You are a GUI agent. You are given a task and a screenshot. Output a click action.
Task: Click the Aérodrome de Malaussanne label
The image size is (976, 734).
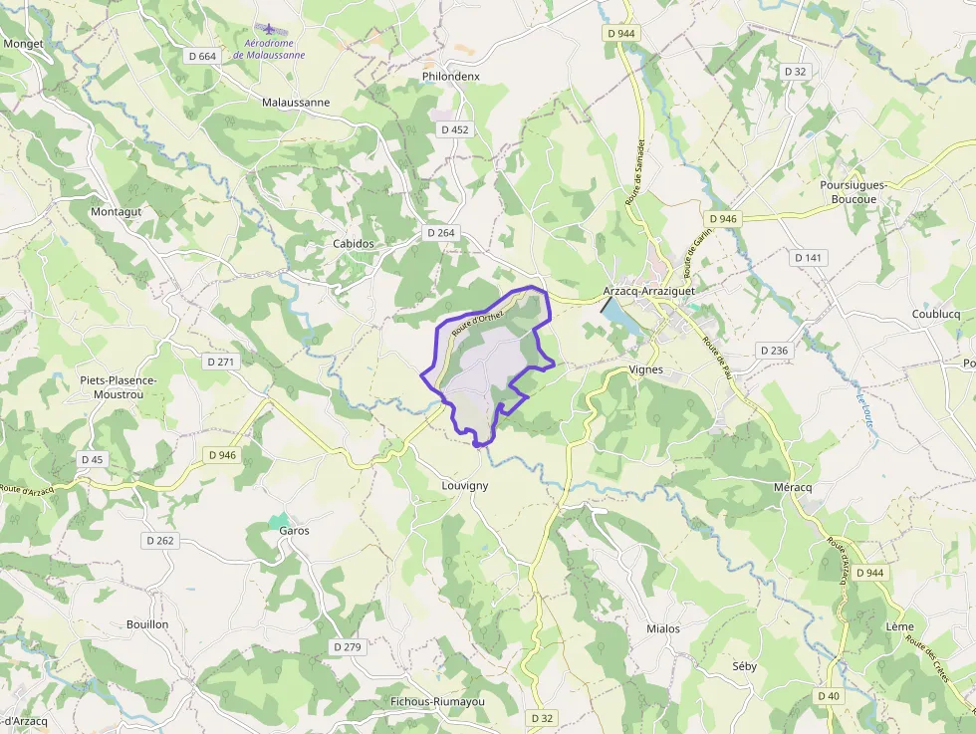(269, 50)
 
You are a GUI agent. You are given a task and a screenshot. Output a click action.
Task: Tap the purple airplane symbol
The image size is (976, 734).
(268, 29)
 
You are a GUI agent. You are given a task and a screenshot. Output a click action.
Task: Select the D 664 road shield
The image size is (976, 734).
(202, 56)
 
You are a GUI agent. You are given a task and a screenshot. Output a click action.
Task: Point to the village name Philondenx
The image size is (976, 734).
(450, 76)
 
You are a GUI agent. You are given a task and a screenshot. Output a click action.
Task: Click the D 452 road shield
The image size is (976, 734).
(454, 129)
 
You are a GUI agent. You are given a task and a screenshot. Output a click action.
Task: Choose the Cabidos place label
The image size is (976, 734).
(354, 243)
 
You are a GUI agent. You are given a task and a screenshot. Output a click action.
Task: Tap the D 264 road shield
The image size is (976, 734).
(440, 233)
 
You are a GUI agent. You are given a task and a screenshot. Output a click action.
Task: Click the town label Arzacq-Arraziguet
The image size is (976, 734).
(648, 291)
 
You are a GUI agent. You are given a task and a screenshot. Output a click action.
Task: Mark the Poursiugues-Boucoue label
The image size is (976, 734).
(854, 192)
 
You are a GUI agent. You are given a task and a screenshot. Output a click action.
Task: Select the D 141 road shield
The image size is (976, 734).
(809, 258)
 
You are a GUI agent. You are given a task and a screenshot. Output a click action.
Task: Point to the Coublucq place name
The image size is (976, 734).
(935, 314)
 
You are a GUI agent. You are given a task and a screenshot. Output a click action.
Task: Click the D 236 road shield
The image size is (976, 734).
(774, 351)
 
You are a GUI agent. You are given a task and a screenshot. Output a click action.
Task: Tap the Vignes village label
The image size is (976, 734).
(645, 369)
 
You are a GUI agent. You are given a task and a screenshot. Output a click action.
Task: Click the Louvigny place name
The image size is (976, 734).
(465, 485)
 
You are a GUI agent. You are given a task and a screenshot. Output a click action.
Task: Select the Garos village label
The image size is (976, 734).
(294, 531)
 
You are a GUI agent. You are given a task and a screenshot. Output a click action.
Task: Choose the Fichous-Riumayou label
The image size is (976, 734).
(437, 701)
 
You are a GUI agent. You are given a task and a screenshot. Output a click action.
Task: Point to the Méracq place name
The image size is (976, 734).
(793, 487)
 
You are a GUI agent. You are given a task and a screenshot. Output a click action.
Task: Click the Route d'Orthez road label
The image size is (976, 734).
(478, 321)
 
